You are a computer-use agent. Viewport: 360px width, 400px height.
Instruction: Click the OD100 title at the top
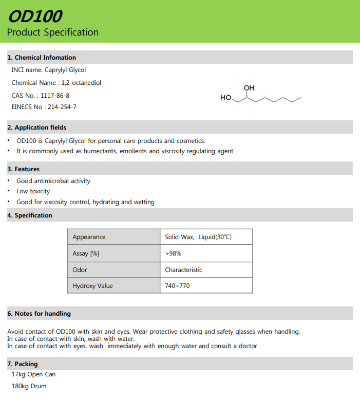click(x=34, y=16)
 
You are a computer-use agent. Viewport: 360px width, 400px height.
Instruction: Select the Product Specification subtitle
click(x=53, y=32)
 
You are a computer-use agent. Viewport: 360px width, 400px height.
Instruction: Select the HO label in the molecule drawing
click(x=226, y=98)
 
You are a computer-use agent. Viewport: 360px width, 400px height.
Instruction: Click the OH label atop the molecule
click(x=249, y=88)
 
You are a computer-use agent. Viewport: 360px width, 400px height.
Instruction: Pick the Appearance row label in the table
click(x=89, y=237)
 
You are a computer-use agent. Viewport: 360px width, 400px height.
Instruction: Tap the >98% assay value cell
click(x=173, y=253)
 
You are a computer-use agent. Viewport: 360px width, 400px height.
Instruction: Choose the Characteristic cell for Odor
click(x=183, y=270)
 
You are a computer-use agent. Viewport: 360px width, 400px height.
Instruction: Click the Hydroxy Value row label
click(x=92, y=286)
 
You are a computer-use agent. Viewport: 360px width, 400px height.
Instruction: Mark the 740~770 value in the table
click(x=177, y=286)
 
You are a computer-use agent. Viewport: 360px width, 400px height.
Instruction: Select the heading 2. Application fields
click(x=37, y=128)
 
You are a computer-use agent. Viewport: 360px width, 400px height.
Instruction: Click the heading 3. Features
click(x=24, y=169)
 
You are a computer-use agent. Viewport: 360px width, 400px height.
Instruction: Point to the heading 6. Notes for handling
click(x=39, y=314)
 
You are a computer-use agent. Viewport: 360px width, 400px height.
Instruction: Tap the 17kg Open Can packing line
click(x=33, y=375)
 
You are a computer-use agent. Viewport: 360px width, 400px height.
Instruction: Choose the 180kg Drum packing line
click(x=29, y=386)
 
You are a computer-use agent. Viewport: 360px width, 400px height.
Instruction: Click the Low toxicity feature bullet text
click(x=33, y=191)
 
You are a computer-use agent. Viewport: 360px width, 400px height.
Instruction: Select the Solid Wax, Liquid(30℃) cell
click(x=198, y=237)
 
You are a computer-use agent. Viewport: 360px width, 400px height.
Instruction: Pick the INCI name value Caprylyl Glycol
click(x=65, y=70)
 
